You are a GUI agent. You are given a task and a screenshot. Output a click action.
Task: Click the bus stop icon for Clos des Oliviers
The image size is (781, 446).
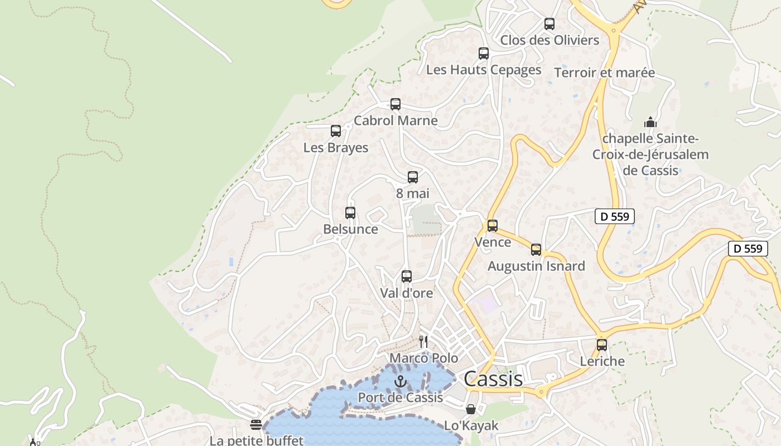tap(549, 24)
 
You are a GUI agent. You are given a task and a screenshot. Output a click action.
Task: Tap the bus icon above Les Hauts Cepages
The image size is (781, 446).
tap(484, 54)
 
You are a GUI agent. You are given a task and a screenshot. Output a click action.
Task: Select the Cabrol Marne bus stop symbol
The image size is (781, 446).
tap(396, 104)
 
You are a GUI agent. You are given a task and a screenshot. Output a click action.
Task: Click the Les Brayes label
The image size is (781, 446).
tap(336, 148)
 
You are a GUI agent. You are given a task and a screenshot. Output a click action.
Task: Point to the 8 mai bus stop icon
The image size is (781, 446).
tap(413, 177)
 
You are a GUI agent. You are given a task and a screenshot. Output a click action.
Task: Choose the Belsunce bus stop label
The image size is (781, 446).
tap(350, 229)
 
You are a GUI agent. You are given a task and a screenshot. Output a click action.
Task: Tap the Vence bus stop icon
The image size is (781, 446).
tap(493, 226)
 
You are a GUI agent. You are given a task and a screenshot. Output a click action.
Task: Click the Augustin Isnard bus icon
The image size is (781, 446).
tap(536, 250)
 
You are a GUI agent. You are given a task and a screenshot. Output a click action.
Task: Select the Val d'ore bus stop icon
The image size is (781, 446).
tap(407, 277)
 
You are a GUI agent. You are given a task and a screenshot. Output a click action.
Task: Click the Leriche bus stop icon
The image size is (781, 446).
tap(602, 345)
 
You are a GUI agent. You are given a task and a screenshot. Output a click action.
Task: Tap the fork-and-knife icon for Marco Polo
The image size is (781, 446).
tap(424, 341)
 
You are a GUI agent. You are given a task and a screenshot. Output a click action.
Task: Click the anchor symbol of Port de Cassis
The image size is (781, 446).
tap(400, 381)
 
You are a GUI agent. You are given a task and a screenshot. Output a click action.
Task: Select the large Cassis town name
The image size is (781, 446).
tap(493, 379)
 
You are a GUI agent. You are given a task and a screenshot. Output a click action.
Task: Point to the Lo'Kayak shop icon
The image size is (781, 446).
tap(471, 410)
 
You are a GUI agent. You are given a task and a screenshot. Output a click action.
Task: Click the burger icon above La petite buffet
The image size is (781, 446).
tap(256, 425)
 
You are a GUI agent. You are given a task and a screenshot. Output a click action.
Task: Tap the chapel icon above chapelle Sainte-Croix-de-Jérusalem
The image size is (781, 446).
tap(650, 122)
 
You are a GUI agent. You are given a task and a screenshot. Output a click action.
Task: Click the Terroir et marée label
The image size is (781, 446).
tap(604, 73)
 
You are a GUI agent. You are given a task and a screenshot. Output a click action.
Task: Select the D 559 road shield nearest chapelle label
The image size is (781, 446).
tap(615, 216)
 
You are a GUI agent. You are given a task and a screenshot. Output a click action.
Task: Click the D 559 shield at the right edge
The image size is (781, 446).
tap(748, 249)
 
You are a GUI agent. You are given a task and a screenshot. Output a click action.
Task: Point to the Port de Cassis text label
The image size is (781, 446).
tap(400, 397)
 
